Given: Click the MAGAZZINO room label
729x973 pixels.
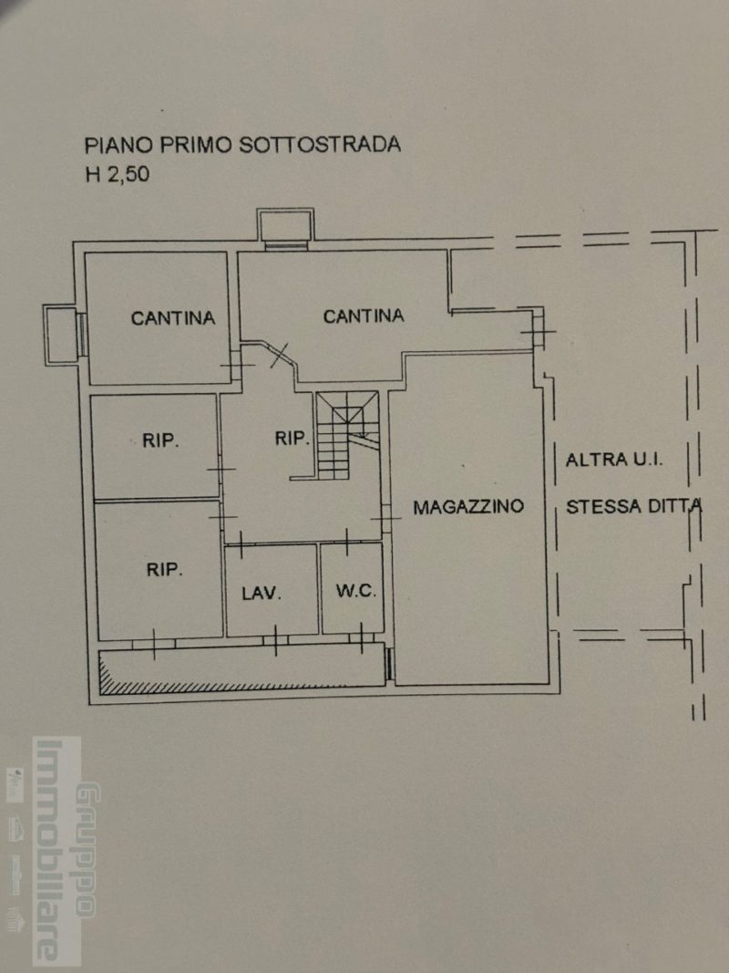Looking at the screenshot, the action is click(468, 506).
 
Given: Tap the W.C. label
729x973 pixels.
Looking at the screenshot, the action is click(355, 591).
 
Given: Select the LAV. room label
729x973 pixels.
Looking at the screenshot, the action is click(262, 594).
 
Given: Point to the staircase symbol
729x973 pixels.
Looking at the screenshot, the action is click(347, 435).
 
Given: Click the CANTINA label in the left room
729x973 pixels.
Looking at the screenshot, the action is click(173, 317).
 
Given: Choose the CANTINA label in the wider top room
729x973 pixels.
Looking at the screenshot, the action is click(364, 316).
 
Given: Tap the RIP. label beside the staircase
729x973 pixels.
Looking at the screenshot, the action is click(292, 439).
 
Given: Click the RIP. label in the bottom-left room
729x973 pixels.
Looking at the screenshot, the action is click(164, 569).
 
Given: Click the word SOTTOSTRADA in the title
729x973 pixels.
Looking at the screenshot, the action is click(320, 145).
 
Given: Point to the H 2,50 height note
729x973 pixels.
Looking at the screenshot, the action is click(118, 174).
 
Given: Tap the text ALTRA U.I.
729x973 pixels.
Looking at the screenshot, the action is click(614, 461).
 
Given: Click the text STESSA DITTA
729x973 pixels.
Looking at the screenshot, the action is click(634, 506).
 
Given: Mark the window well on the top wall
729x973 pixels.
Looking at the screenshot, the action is click(286, 228).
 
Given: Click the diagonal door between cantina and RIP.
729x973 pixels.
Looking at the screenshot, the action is click(279, 355).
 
